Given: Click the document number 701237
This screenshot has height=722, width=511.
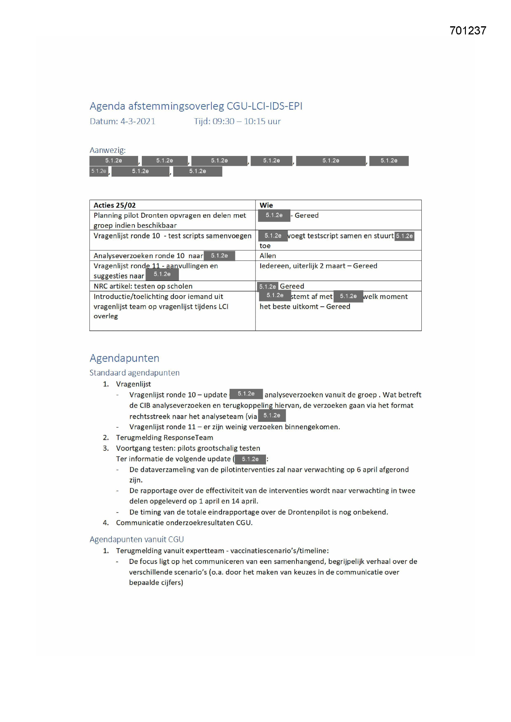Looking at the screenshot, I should point(467,31).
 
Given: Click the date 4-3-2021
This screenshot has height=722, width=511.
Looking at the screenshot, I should point(138,121).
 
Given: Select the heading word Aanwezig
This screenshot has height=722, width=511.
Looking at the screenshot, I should point(107,150).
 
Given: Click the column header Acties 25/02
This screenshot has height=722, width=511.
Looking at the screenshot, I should point(115,205).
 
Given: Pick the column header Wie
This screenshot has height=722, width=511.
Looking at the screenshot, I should point(266,205).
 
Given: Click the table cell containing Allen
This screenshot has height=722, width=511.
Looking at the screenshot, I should point(268,256).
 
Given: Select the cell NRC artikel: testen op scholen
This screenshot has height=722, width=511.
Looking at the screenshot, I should point(143,286).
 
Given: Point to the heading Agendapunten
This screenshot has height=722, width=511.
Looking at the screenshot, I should point(124,358).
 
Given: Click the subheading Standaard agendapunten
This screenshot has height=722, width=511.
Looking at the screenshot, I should point(134,373).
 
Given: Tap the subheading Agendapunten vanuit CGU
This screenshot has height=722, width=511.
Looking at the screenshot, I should point(137,539).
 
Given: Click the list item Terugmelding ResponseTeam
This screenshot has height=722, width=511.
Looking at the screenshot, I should point(164,437).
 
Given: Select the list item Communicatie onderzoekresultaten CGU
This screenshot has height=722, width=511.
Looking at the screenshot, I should point(184,523).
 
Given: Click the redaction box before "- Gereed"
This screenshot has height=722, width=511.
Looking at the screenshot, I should point(274,216).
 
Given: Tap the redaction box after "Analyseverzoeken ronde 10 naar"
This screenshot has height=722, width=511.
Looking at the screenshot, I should point(219,256).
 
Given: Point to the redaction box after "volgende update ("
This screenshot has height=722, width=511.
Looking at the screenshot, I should point(250,459).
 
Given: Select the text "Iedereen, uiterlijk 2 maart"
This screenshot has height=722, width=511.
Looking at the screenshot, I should point(302,266).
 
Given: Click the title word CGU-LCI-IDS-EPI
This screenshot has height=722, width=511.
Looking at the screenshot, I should point(264,106).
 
